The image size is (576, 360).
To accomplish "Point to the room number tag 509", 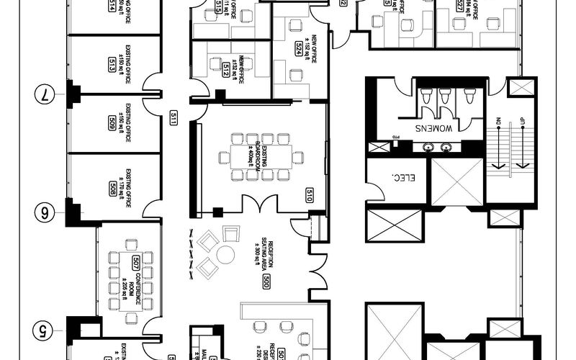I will click(112, 121).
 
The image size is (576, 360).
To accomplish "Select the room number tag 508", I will click(112, 189).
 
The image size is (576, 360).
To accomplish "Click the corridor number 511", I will click(173, 118).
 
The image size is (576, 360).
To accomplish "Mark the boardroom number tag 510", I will click(309, 195).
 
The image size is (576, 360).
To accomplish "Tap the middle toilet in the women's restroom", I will click(446, 96).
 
